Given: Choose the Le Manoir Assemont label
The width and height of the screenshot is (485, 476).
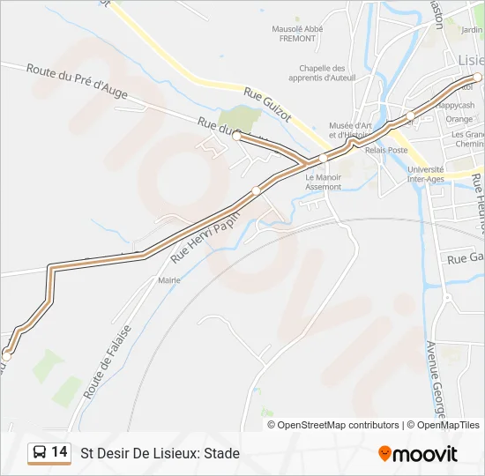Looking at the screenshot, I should click(x=323, y=182).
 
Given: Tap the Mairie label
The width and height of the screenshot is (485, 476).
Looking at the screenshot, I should click(x=168, y=280).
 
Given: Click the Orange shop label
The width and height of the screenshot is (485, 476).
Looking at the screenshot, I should click(x=459, y=119).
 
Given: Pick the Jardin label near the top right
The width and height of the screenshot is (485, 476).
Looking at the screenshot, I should click(x=472, y=30).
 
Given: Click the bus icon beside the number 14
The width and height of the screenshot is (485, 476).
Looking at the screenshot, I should click(x=40, y=453).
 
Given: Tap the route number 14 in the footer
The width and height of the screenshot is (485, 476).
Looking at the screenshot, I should click(x=59, y=452).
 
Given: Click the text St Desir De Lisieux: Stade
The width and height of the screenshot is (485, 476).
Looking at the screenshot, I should click(x=160, y=453).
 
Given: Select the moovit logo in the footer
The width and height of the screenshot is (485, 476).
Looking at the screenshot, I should click(x=418, y=453).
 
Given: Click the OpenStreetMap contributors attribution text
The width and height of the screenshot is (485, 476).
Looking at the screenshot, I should click(x=338, y=425).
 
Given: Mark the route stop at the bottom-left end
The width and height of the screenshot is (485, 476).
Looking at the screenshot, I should click(x=7, y=353).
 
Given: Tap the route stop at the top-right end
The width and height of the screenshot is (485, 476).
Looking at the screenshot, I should click(x=477, y=78).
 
